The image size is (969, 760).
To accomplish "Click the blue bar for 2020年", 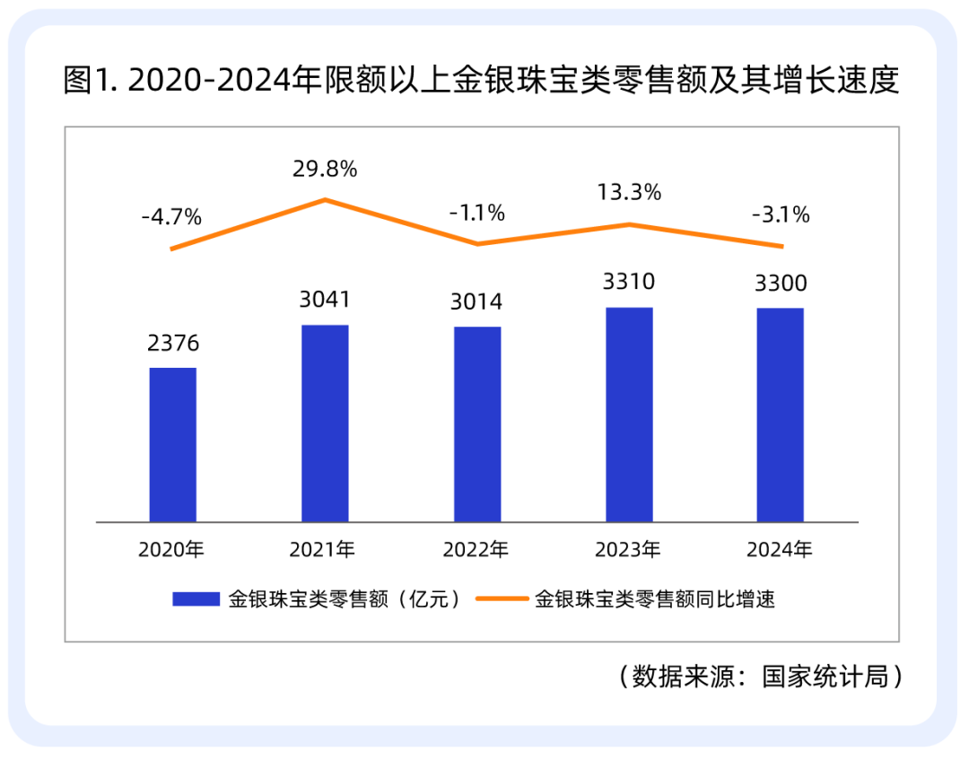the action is point(173,445).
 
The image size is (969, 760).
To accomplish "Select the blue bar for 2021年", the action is point(325,424).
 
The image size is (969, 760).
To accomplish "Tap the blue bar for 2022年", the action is point(477,424).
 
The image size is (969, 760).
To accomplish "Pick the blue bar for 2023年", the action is point(629,415).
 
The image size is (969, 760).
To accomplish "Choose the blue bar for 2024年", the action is point(781,415).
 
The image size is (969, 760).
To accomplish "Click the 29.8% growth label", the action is point(325,169).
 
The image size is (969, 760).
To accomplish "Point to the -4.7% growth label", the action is point(171,217).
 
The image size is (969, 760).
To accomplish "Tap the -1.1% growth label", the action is point(477,214).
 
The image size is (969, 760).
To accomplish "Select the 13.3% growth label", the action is point(629,192).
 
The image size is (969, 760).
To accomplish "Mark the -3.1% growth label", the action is point(781,215).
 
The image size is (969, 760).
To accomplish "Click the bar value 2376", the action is point(173,343).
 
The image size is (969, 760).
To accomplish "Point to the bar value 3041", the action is point(325,300).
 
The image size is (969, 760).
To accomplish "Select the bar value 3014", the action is point(476,301).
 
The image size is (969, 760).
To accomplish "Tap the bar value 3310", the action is point(629,282).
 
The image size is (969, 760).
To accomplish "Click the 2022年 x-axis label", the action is point(476,549).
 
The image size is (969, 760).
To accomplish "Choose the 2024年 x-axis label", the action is point(780,549).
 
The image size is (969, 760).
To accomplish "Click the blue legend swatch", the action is point(196,598).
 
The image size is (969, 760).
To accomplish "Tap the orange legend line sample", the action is point(502,598).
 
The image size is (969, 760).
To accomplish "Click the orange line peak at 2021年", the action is point(325,199).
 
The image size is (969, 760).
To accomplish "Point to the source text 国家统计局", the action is point(825,677).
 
